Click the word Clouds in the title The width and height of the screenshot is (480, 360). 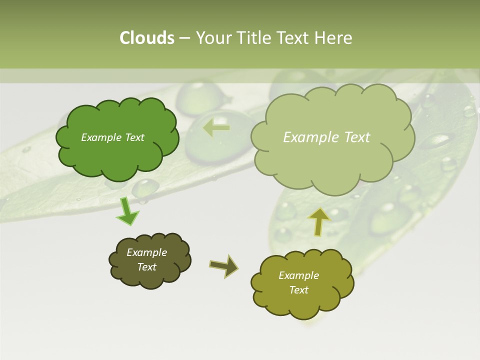146,38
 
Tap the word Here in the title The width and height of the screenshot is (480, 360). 334,38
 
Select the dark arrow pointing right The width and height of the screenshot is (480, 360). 224,265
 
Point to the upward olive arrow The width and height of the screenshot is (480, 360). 318,221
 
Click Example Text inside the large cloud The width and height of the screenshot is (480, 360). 326,137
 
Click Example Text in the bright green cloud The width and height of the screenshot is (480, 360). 112,137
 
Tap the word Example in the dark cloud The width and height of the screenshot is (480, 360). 146,252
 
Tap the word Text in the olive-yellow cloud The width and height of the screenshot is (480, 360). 298,290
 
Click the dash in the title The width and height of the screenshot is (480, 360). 184,38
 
